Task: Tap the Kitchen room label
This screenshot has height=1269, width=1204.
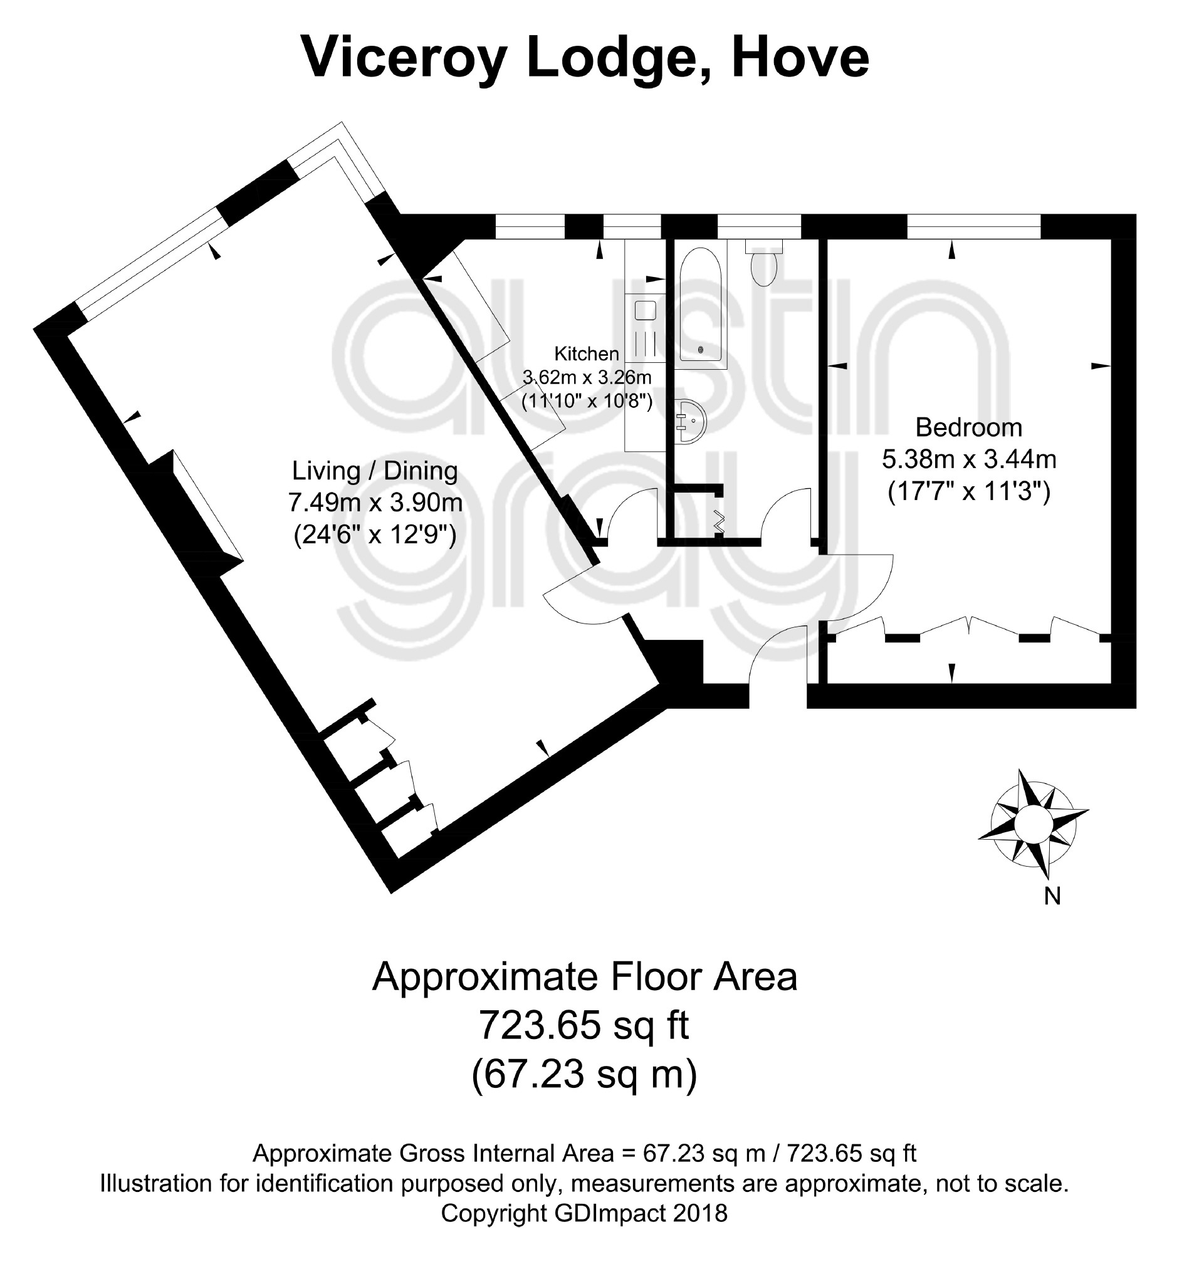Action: point(586,353)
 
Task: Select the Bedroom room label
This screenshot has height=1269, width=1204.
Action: point(968,427)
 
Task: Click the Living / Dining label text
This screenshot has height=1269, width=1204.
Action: point(375,471)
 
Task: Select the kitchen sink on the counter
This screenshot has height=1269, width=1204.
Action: point(644,312)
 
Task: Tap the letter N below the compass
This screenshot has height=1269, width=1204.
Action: point(1052,896)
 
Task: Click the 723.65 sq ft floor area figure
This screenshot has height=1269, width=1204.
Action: point(584,1025)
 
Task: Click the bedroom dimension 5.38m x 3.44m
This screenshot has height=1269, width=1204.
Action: point(968,459)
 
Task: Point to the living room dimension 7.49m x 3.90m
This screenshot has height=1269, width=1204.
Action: point(375,503)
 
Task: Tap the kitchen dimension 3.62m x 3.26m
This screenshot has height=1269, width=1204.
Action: point(587,377)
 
